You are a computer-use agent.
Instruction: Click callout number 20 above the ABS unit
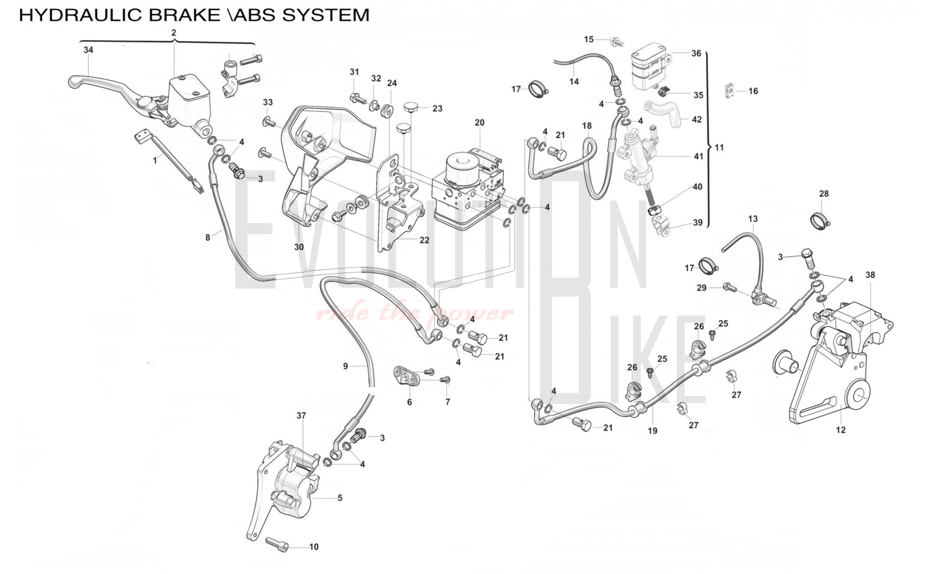tap(479, 123)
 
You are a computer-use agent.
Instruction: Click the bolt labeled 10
tap(277, 544)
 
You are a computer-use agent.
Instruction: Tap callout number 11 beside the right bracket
tap(719, 148)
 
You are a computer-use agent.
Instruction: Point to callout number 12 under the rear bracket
tap(840, 430)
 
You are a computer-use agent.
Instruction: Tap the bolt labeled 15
tap(616, 42)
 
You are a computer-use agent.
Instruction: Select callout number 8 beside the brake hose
tap(207, 238)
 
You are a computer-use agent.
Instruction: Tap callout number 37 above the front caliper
tap(301, 416)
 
